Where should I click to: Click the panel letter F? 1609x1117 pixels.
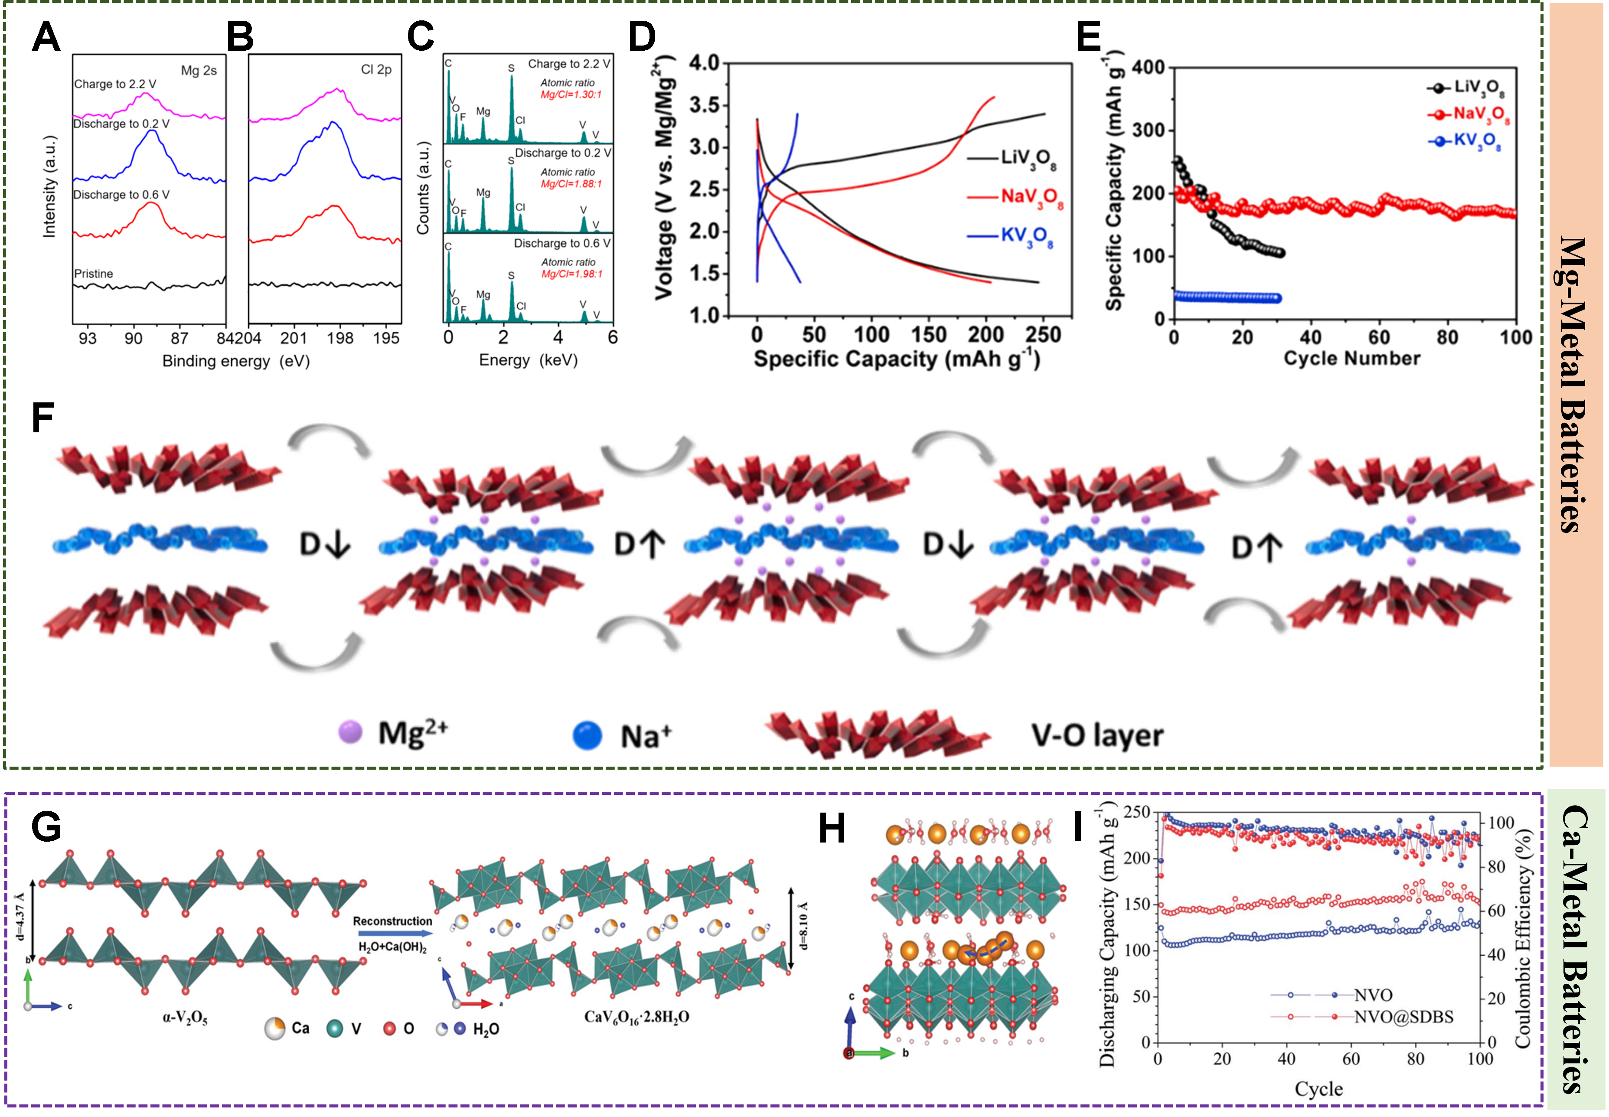click(x=42, y=418)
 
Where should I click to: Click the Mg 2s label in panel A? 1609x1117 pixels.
click(x=199, y=71)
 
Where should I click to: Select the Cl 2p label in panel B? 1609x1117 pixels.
click(x=376, y=69)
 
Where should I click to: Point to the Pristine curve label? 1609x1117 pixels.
click(x=93, y=274)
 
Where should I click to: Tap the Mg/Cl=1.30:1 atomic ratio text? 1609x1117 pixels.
click(x=571, y=95)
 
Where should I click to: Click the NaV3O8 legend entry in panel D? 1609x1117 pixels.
click(x=1031, y=197)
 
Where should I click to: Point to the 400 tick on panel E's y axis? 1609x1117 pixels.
click(x=1148, y=68)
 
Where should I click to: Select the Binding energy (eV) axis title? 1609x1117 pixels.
click(x=236, y=361)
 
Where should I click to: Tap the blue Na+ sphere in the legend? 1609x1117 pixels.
click(x=587, y=735)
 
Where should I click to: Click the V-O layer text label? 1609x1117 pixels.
click(x=1097, y=735)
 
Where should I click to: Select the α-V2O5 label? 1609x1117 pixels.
click(x=185, y=1018)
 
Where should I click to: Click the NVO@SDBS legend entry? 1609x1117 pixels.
click(x=1403, y=1017)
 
